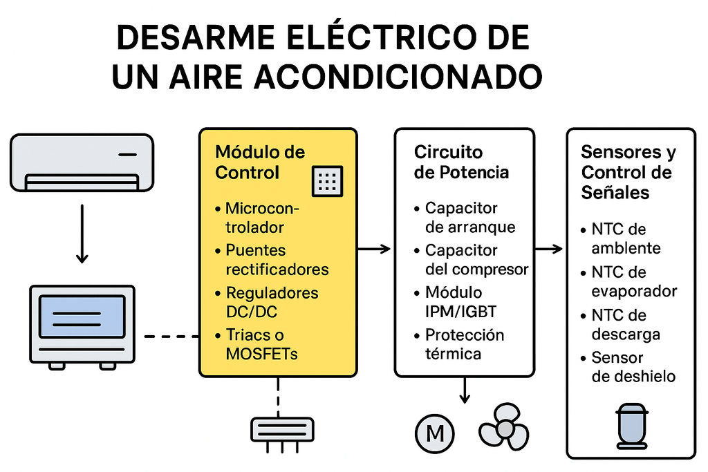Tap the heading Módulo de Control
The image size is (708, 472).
(260, 162)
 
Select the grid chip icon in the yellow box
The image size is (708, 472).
(327, 181)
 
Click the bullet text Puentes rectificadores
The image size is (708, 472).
(277, 259)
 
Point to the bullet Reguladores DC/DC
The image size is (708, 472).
(272, 302)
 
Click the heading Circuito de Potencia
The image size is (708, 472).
(461, 162)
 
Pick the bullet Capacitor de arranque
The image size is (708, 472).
(469, 217)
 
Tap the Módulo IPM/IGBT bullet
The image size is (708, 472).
(460, 302)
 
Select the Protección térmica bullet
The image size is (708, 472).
(464, 344)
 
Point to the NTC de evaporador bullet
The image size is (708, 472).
(633, 281)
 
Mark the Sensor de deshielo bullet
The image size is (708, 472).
(633, 367)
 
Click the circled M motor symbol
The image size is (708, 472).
(435, 434)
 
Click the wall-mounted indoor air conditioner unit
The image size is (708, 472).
(82, 161)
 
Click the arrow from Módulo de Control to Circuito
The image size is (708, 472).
(375, 249)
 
